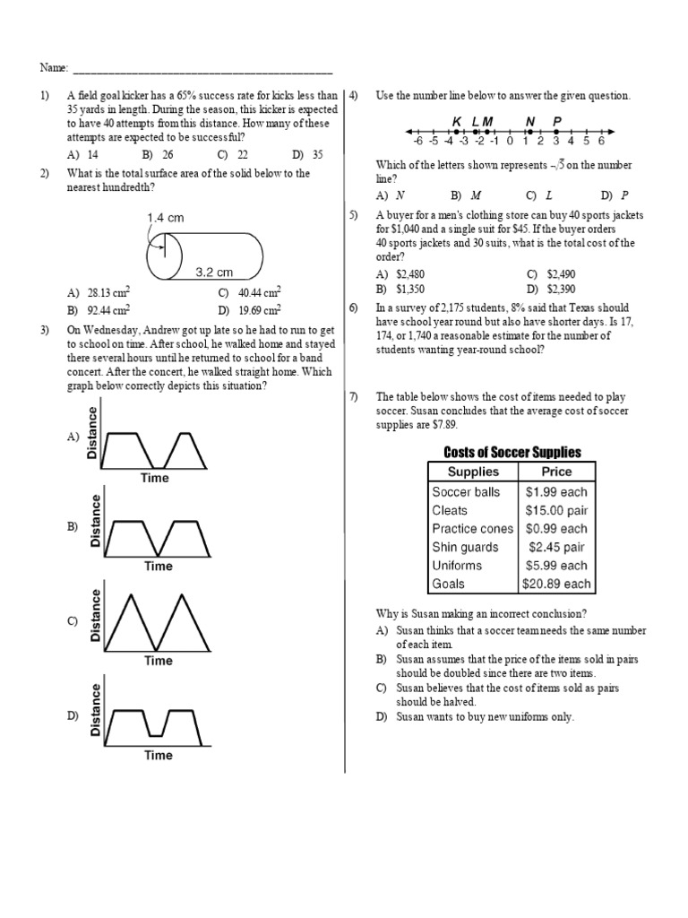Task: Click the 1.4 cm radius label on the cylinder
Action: [x=166, y=218]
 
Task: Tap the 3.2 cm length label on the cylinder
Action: [x=214, y=273]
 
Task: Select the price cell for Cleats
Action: [x=555, y=510]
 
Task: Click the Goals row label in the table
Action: [x=448, y=584]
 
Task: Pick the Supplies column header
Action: [x=473, y=472]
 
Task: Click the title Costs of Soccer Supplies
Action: [x=512, y=453]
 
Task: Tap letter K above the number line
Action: [x=457, y=122]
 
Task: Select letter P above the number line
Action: [x=557, y=122]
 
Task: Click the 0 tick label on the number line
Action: [x=510, y=141]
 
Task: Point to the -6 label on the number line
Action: [x=417, y=141]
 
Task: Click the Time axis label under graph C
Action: [x=159, y=661]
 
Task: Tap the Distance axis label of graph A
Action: [x=93, y=432]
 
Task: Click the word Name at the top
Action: [x=51, y=68]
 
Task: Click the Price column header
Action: [x=556, y=472]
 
